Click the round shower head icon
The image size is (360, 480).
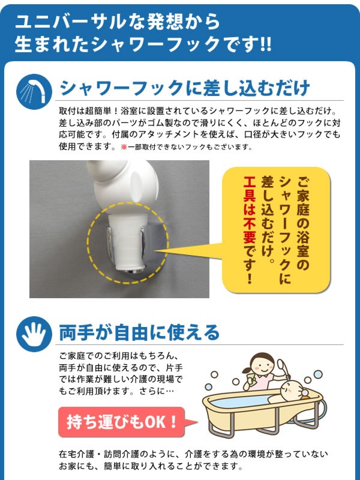pyautogui.click(x=34, y=92)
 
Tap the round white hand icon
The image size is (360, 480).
pyautogui.click(x=34, y=334)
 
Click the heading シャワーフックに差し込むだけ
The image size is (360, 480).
pyautogui.click(x=185, y=88)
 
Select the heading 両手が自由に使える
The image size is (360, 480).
pyautogui.click(x=139, y=332)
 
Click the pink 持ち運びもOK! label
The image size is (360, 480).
pyautogui.click(x=122, y=422)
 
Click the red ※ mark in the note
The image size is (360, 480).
pyautogui.click(x=124, y=147)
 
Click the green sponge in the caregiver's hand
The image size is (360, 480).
pyautogui.click(x=251, y=380)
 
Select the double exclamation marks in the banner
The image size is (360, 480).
pyautogui.click(x=266, y=44)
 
